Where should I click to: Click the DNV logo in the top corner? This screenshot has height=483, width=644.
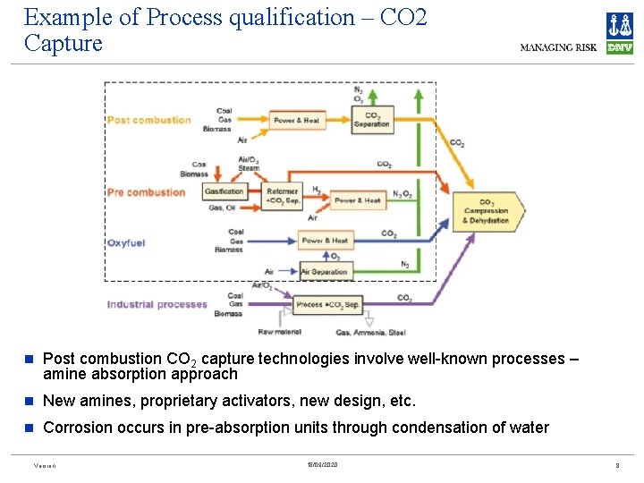619,33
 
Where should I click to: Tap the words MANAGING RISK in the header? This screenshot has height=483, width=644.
560,47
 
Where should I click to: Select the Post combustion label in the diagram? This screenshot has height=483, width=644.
149,120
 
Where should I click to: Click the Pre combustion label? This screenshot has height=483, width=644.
146,192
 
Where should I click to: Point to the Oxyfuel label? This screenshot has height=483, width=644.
125,242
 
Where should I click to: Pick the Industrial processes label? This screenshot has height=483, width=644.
157,304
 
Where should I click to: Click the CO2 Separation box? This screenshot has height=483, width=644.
371,120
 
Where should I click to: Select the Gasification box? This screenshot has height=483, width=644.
225,191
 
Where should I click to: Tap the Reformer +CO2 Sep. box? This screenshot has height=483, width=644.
283,196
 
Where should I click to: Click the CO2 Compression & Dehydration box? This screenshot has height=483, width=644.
487,212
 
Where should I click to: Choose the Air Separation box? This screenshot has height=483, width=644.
324,271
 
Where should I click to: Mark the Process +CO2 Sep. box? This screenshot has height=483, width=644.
326,305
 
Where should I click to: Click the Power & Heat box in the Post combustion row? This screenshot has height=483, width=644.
296,120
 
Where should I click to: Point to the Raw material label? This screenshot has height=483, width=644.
279,332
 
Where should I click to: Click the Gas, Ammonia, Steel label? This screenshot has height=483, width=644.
370,332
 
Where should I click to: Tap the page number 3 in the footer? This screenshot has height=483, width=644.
617,466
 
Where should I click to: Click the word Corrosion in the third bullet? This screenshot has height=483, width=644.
79,428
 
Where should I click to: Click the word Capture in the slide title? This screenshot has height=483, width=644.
64,43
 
